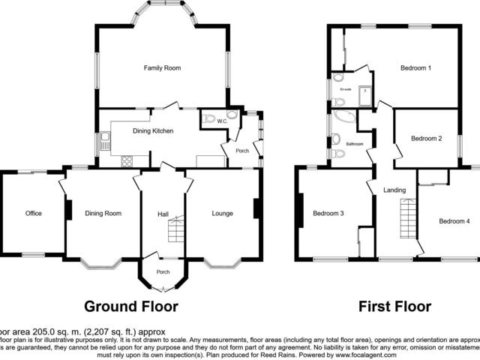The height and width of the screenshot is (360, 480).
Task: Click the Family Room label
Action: pyautogui.click(x=163, y=68)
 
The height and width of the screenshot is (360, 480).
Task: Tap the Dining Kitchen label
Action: pyautogui.click(x=153, y=131)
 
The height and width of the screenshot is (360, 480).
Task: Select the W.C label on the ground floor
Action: pyautogui.click(x=222, y=121)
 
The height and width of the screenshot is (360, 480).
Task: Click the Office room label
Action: pyautogui.click(x=33, y=214)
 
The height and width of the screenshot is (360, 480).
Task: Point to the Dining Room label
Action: pyautogui.click(x=103, y=214)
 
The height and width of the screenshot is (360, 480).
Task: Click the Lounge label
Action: pyautogui.click(x=222, y=214)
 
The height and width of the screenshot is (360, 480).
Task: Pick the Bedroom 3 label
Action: pyautogui.click(x=328, y=214)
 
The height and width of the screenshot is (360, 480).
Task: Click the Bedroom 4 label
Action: pyautogui.click(x=454, y=221)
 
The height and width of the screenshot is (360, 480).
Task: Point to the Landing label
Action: pyautogui.click(x=394, y=190)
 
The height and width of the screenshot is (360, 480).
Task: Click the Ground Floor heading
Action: pyautogui.click(x=130, y=306)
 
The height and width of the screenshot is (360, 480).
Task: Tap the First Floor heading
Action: pyautogui.click(x=394, y=306)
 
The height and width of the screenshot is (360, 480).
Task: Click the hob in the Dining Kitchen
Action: pyautogui.click(x=125, y=160)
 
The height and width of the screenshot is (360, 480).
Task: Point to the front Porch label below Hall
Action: pyautogui.click(x=163, y=271)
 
